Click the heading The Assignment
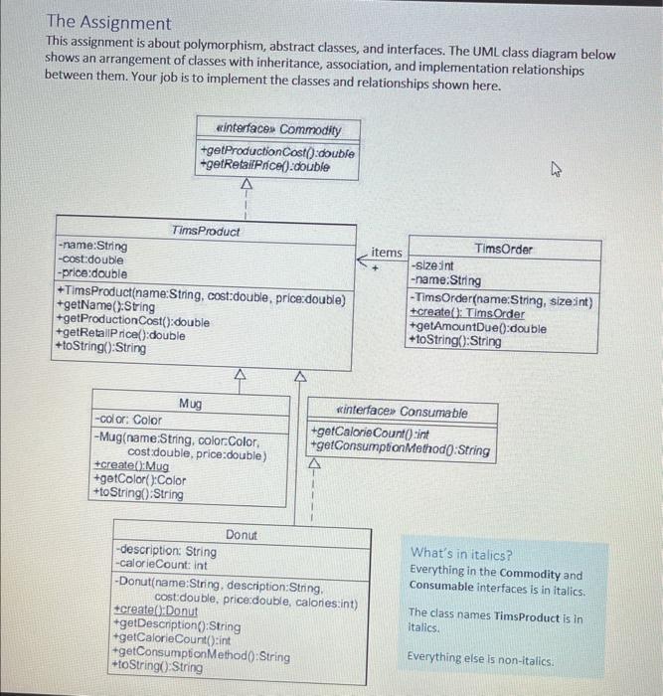click(x=108, y=22)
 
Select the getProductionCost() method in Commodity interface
click(x=277, y=151)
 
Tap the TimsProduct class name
click(x=206, y=231)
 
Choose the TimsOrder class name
click(x=503, y=249)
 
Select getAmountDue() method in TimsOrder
click(x=477, y=327)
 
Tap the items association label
click(x=387, y=253)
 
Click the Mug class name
click(x=190, y=404)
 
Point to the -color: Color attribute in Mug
click(x=126, y=421)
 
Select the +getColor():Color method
click(x=138, y=479)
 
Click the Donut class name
click(x=242, y=535)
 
